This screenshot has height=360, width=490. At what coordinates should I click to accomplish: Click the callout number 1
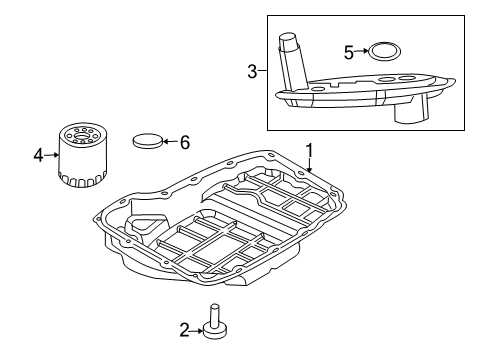tap(311, 150)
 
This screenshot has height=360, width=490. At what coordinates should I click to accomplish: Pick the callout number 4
tap(37, 156)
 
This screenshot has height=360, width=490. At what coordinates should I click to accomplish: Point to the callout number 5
tap(349, 51)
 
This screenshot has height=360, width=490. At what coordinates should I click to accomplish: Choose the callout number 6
tap(184, 142)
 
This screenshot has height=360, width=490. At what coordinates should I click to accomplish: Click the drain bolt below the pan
tap(213, 319)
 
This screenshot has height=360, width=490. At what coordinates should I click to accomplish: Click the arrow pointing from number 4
tap(49, 156)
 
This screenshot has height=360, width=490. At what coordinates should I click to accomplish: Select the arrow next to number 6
tap(170, 142)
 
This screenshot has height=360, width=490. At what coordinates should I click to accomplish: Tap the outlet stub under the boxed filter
tap(410, 110)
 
